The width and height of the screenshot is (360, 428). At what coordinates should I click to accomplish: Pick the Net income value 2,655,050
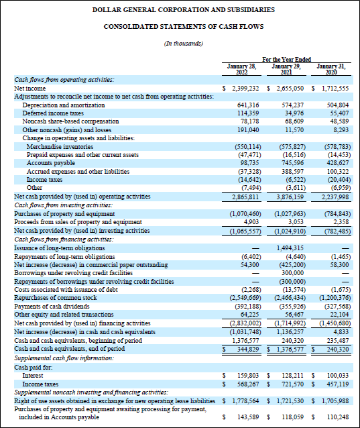[x=290, y=88]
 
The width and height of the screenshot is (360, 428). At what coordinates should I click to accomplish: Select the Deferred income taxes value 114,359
[x=245, y=113]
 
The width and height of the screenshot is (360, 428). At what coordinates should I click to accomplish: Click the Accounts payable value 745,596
[x=291, y=162]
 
